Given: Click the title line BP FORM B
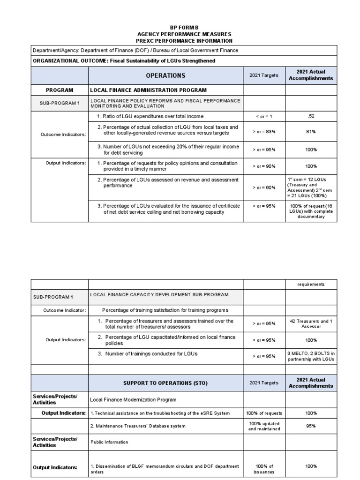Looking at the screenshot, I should coord(184,28).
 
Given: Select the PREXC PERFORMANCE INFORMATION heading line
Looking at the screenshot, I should coord(184,41).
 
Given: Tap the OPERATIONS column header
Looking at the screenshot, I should coord(165,75).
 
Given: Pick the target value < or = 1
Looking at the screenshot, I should coord(264,116).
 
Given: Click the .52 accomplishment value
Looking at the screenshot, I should coord(311,116).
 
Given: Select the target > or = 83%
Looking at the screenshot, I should coord(264,132).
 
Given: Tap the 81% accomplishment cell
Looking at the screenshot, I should coord(311,132).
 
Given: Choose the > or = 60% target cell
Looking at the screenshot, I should coord(264,187).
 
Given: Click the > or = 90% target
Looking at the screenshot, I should coord(264,166).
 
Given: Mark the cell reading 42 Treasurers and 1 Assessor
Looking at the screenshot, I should coord(311,324).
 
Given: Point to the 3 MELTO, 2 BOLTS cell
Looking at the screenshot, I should coord(311,356).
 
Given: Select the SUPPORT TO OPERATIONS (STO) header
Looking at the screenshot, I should coord(165,383).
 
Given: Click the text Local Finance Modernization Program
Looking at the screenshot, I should coord(133,400).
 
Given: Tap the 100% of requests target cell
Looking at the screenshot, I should coord(264,413).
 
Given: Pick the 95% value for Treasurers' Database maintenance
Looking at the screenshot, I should coord(311,426).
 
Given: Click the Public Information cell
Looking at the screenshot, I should coord(109,442).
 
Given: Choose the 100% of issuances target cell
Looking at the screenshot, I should coord(264,469).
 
